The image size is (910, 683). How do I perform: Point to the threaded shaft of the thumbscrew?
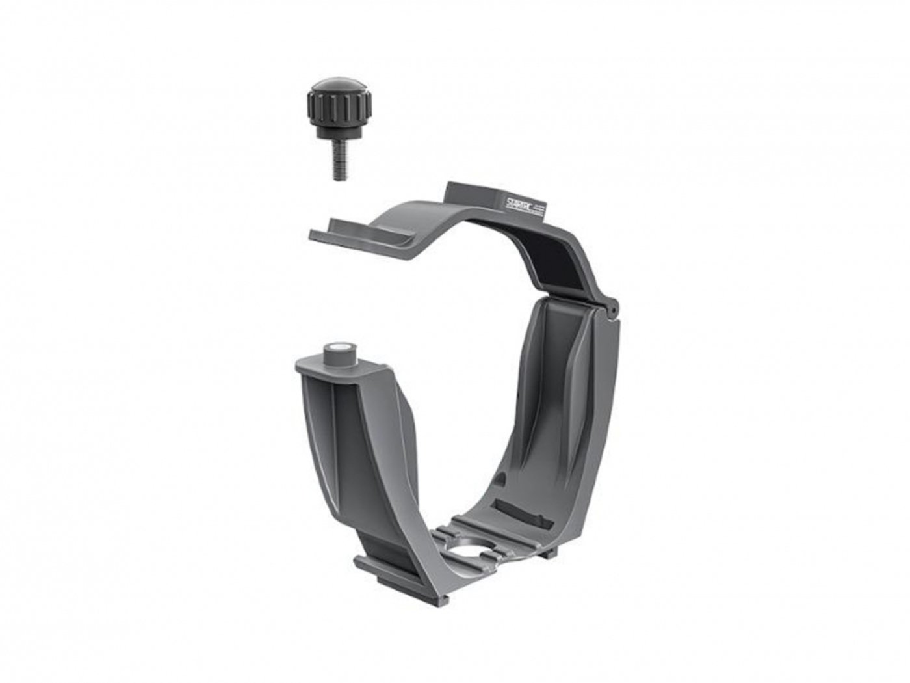pos(335,163)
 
